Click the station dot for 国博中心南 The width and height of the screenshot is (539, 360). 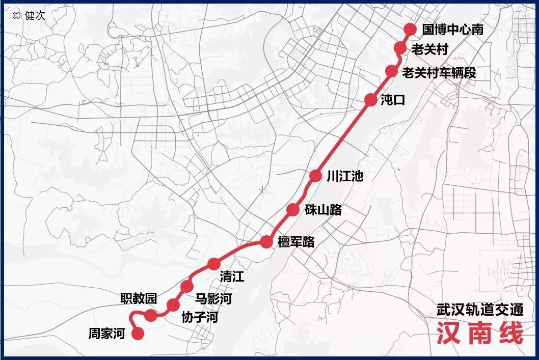(x=410, y=29)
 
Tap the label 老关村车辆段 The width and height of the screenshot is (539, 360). (x=439, y=72)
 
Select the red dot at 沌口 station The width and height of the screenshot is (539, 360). (x=371, y=100)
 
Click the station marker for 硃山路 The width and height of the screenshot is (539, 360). (x=293, y=209)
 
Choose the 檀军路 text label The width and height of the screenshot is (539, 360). (x=296, y=242)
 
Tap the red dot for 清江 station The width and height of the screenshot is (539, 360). (x=214, y=264)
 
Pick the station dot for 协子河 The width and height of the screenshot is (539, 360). (x=173, y=304)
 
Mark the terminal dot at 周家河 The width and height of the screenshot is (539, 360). (x=138, y=334)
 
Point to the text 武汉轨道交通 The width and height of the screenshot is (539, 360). (x=480, y=310)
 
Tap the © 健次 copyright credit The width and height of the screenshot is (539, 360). (x=30, y=15)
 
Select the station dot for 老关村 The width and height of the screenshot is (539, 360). (x=401, y=48)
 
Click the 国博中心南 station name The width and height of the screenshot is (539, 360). (x=452, y=30)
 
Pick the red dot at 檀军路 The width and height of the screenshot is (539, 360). (x=266, y=242)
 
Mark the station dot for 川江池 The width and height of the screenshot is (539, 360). (x=316, y=176)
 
